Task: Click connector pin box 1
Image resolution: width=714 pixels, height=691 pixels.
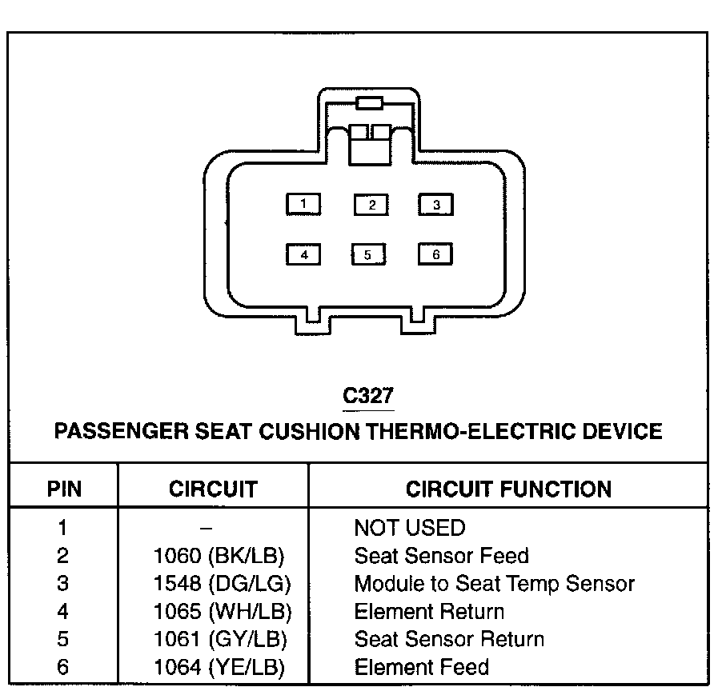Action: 303,205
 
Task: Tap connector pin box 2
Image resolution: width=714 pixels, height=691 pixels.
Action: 371,205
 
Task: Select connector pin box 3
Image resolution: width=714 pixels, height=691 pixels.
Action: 435,205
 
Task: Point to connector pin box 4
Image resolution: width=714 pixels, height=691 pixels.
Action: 303,255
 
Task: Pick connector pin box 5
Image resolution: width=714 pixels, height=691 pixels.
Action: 368,255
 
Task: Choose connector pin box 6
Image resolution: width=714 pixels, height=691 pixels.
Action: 435,255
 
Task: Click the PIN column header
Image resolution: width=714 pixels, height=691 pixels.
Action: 64,489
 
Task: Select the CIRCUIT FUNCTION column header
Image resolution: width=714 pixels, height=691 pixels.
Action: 508,489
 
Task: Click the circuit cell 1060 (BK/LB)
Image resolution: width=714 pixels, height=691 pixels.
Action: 219,556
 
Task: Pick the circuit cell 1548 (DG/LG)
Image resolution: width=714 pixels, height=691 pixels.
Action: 222,584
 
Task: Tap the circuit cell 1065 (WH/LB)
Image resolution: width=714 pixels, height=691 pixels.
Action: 222,613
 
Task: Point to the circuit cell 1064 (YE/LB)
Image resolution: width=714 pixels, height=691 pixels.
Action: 219,667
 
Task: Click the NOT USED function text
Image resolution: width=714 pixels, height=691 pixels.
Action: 409,528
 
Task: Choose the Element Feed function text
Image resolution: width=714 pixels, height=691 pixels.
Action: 421,667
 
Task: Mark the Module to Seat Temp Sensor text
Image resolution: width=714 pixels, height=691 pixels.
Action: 494,584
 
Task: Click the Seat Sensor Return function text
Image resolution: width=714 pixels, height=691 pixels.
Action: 449,640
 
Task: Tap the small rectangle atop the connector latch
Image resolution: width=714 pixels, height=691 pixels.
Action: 369,102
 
